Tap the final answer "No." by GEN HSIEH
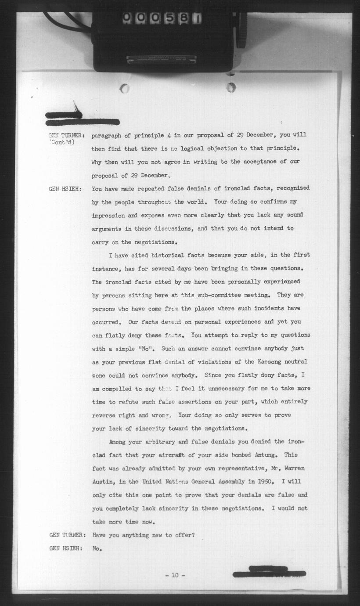click(x=97, y=548)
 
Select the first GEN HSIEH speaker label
click(x=66, y=188)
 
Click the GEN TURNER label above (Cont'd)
click(x=66, y=135)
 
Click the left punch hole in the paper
click(x=125, y=88)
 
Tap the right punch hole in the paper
click(x=231, y=87)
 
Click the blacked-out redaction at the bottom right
click(x=269, y=572)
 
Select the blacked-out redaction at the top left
click(x=82, y=119)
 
